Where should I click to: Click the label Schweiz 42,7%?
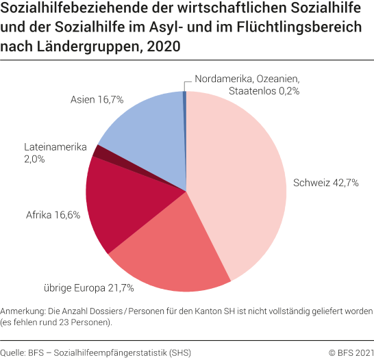[326, 183]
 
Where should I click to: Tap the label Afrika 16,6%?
[53, 214]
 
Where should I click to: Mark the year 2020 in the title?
[167, 47]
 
